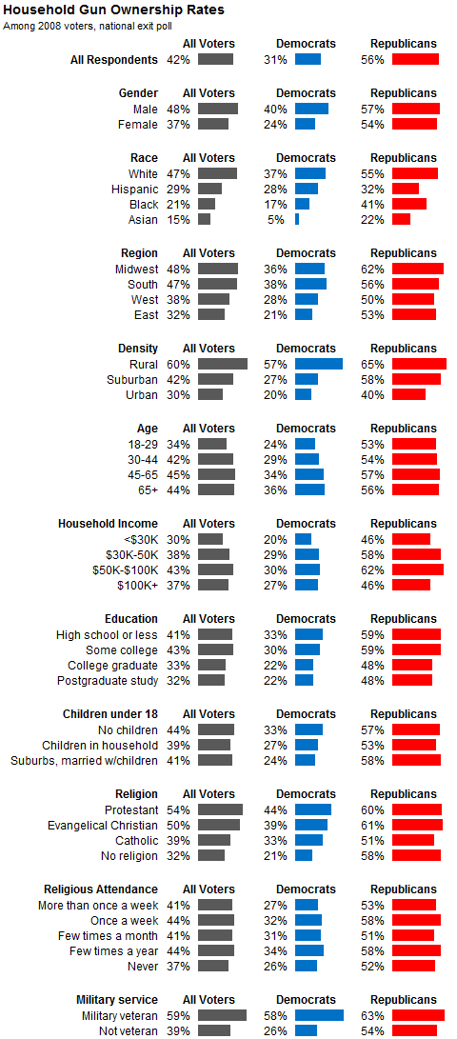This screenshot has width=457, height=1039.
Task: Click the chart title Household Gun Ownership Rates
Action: click(114, 10)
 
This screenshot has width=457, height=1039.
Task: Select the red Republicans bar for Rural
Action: click(419, 364)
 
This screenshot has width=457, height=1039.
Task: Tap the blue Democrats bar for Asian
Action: click(297, 219)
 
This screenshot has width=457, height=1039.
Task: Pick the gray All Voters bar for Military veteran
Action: click(222, 1015)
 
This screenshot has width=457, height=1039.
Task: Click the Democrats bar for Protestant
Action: click(313, 809)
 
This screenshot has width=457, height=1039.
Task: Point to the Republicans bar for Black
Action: click(409, 204)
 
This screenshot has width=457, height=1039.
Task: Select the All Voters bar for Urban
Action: click(210, 394)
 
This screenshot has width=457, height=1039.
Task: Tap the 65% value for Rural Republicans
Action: click(375, 365)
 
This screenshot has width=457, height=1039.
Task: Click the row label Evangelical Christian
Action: click(103, 826)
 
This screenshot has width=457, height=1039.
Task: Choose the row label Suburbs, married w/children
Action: click(84, 760)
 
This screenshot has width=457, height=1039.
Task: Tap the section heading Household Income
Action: click(108, 524)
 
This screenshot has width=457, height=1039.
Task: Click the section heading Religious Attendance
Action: click(101, 889)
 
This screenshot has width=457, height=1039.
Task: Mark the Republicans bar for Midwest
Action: click(418, 269)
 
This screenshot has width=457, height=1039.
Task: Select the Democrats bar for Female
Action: click(305, 124)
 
